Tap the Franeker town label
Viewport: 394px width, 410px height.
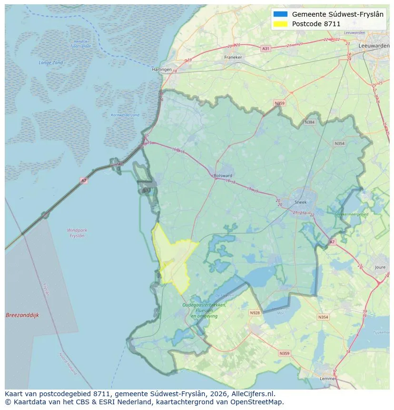233,57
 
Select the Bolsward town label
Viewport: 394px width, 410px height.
223,175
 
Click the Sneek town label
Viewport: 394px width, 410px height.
301,202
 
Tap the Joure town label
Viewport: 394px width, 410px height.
380,268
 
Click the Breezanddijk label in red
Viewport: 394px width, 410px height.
22,315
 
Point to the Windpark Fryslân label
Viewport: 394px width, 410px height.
77,233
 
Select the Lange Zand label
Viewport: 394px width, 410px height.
50,63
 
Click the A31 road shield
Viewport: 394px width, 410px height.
266,49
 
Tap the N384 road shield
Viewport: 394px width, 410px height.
310,122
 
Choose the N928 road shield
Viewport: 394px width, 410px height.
255,313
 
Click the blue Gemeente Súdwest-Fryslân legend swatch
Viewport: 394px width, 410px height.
281,14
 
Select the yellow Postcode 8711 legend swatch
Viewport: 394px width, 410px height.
281,24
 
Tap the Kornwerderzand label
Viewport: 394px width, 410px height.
125,115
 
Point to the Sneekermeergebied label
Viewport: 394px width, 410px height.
352,215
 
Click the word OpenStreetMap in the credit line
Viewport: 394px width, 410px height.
260,402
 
